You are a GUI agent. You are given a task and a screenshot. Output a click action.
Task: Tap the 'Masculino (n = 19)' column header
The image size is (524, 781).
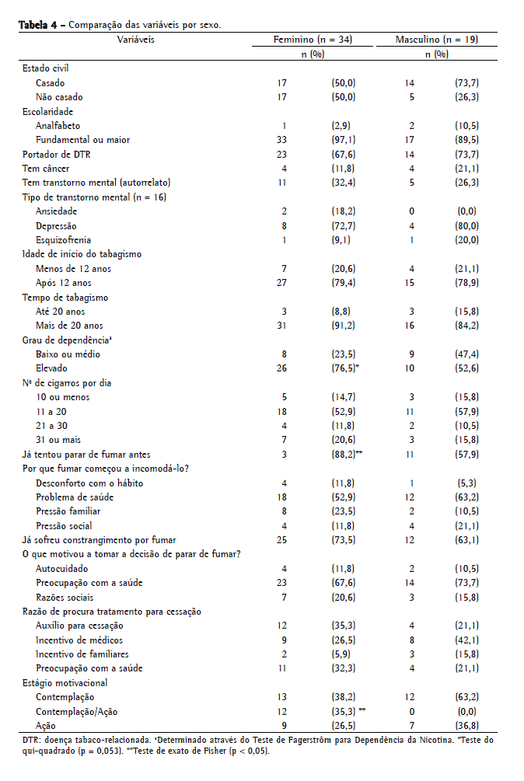(x=436, y=39)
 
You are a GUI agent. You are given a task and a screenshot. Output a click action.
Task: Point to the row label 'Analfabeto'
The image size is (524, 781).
(x=58, y=125)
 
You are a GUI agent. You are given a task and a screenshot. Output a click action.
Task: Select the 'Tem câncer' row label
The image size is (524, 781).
(x=46, y=168)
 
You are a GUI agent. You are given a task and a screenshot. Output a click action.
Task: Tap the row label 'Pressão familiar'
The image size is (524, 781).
(x=68, y=511)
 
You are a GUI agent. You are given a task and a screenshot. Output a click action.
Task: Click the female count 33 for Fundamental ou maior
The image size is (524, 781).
(x=283, y=140)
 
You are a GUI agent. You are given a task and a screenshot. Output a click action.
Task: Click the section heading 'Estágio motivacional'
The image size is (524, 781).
(x=65, y=682)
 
